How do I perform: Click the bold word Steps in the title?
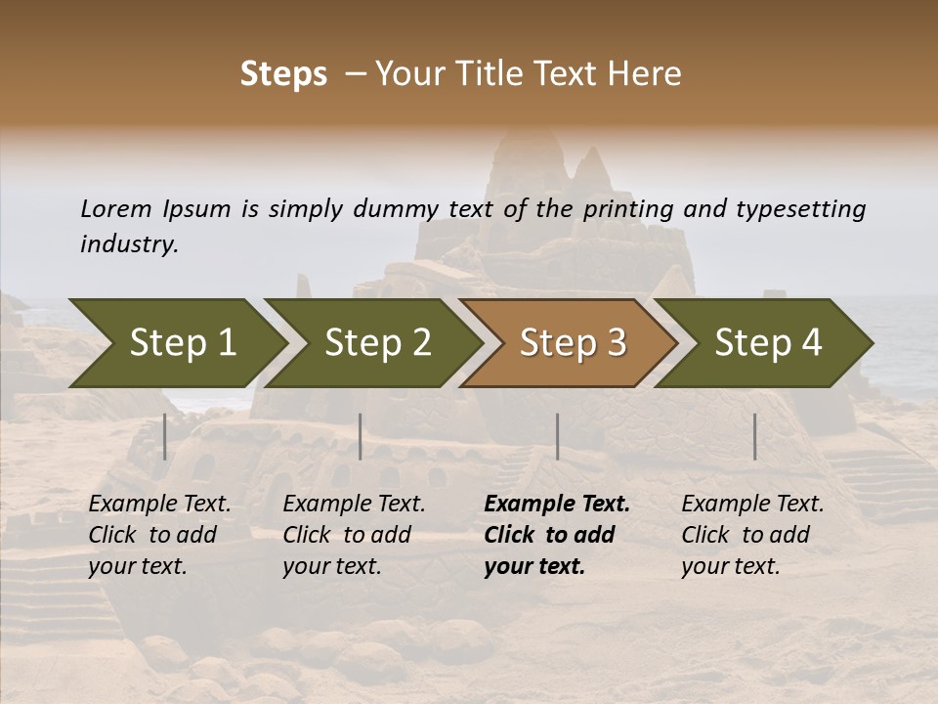283,74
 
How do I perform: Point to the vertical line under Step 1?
165,436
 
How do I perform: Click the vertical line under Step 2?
361,436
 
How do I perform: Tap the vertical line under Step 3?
558,436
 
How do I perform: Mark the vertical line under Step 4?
755,436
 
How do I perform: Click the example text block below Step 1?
159,535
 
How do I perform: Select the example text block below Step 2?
354,535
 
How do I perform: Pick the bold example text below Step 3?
556,535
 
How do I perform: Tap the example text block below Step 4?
752,535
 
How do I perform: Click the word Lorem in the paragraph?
116,208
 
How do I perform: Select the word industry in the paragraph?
129,243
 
